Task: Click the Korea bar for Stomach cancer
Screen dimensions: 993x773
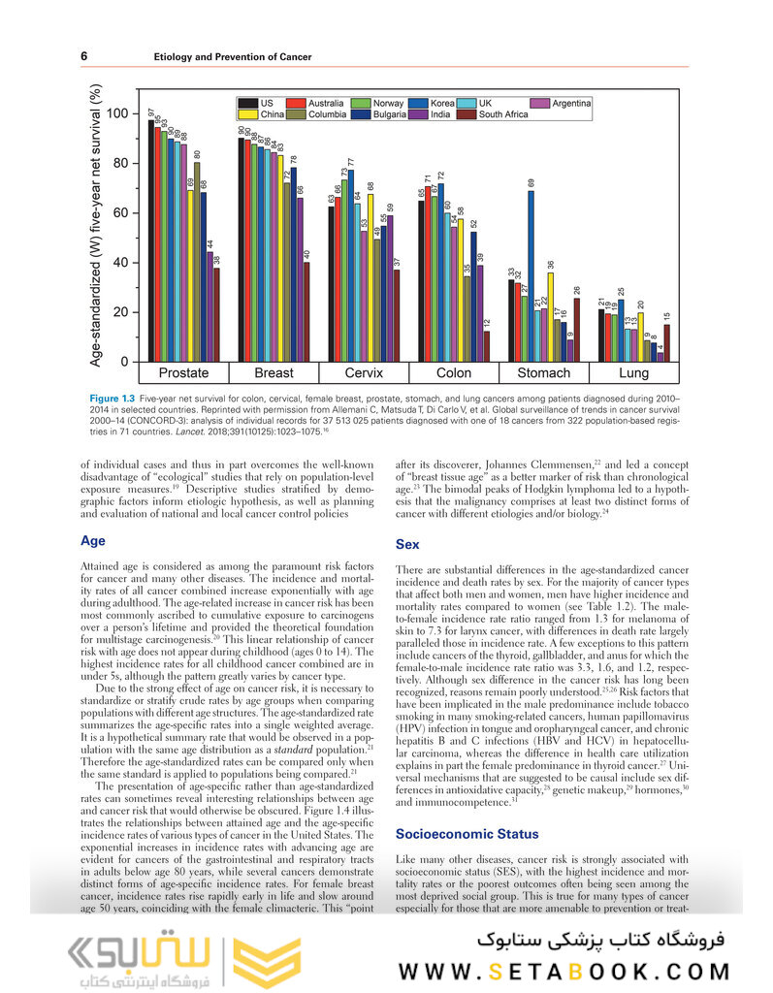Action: click(x=531, y=276)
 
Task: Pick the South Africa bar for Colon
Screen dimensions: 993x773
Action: click(x=486, y=346)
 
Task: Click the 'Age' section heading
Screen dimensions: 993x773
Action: click(x=93, y=541)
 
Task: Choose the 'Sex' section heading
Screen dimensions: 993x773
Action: click(x=407, y=545)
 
